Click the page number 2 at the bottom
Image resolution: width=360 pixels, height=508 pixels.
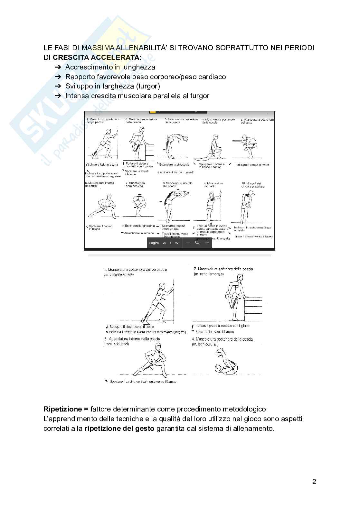click(314, 482)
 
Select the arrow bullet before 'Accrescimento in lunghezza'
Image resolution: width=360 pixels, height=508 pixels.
click(58, 67)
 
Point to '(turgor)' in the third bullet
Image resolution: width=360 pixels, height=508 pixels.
click(148, 86)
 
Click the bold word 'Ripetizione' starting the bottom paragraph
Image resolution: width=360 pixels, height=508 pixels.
click(63, 409)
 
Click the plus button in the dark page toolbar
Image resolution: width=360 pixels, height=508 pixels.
click(207, 243)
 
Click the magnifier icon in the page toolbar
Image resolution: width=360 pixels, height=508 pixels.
click(197, 243)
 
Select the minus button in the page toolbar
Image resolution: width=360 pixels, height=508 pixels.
click(188, 243)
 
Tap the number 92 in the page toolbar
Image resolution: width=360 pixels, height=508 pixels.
click(177, 243)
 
